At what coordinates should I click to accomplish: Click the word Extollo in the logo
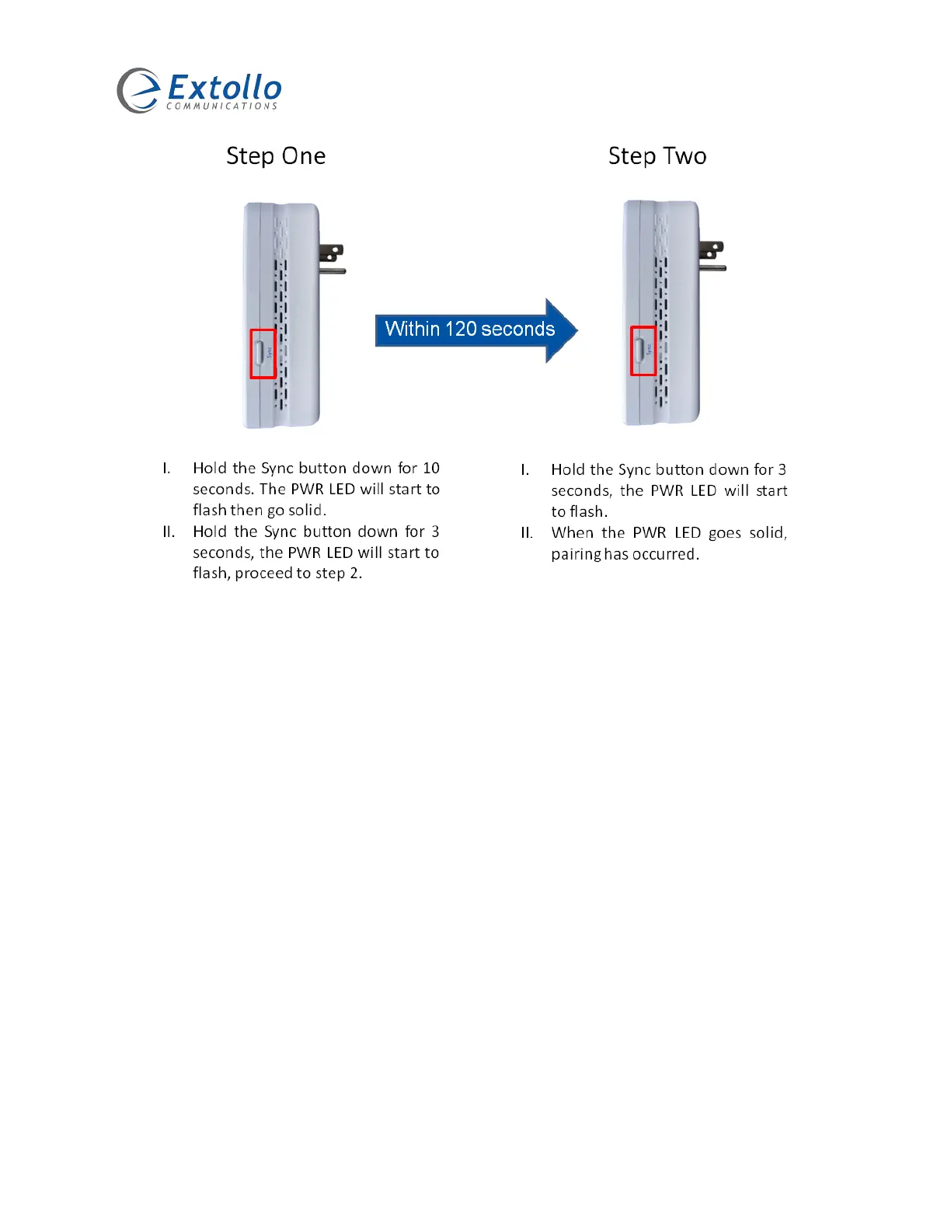pos(225,87)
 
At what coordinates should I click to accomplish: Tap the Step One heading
pos(276,156)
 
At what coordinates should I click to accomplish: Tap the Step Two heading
pos(657,156)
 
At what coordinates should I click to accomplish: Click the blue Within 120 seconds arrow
pos(475,330)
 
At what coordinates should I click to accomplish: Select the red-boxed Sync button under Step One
pos(263,354)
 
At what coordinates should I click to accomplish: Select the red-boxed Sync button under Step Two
pos(643,350)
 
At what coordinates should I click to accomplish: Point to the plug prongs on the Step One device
pos(333,260)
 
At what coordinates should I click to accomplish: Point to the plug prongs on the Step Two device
pos(712,257)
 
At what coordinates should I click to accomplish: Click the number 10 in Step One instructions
pos(431,468)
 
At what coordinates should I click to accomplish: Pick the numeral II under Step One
pos(169,532)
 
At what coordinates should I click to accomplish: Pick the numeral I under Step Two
pos(524,470)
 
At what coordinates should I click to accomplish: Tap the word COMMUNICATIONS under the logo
pos(222,106)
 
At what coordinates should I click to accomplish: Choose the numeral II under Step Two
pos(527,533)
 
